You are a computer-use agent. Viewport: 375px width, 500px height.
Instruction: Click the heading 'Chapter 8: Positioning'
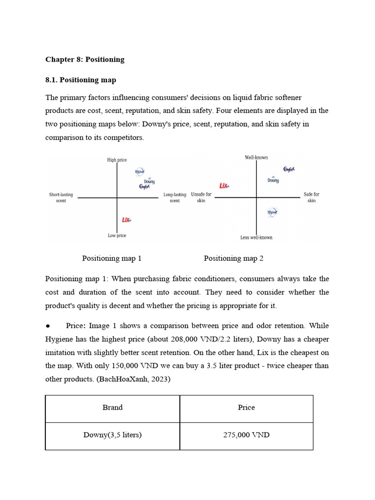tap(85, 60)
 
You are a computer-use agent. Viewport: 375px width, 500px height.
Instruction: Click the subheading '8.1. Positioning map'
tap(81, 80)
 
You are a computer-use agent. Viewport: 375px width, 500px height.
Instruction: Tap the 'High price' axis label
tap(117, 160)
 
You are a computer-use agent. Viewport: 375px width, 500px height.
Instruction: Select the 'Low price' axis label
tap(117, 236)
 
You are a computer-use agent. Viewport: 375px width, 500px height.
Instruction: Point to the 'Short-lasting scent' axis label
tap(61, 198)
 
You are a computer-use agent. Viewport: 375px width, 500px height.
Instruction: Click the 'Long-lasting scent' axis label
tap(175, 198)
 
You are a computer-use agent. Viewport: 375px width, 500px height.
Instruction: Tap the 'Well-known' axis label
tap(256, 158)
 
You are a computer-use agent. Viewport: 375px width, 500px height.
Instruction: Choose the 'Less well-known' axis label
tap(256, 238)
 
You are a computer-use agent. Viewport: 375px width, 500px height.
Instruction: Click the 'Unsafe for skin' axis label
tap(201, 198)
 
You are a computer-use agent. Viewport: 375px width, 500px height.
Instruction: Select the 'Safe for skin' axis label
tap(312, 198)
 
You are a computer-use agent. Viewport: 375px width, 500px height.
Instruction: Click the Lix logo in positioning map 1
tap(127, 220)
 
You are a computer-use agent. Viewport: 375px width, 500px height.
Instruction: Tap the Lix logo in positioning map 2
tap(224, 186)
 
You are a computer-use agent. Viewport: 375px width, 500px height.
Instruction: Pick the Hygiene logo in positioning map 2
tap(272, 212)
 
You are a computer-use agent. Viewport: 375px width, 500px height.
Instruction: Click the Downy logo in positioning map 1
tap(149, 181)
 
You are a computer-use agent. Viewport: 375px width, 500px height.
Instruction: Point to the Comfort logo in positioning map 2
tap(289, 170)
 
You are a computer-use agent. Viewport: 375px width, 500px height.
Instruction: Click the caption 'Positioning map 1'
tap(112, 258)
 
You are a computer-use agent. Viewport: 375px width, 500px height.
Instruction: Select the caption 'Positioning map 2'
tap(233, 258)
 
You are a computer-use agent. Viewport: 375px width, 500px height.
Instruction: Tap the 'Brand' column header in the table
tap(112, 408)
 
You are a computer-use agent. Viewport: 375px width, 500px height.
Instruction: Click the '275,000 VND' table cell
tap(246, 435)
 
